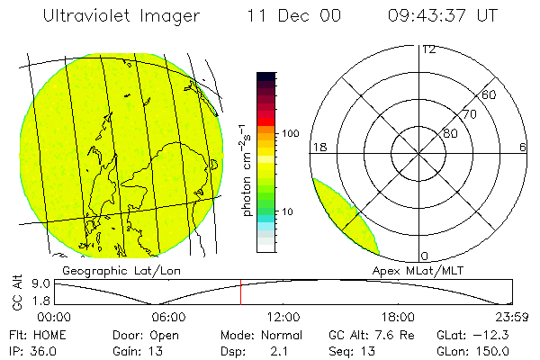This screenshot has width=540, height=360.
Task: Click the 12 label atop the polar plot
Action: tap(428, 49)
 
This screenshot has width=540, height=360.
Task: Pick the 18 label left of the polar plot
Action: tap(318, 147)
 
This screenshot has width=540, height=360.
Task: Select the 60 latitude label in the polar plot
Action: tap(490, 94)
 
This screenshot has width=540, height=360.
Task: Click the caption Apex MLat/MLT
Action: tap(413, 269)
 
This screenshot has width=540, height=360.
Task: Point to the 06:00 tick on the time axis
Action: tap(168, 317)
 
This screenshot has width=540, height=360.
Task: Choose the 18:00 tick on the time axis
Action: tap(398, 317)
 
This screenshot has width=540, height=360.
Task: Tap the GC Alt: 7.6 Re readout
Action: tap(365, 334)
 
